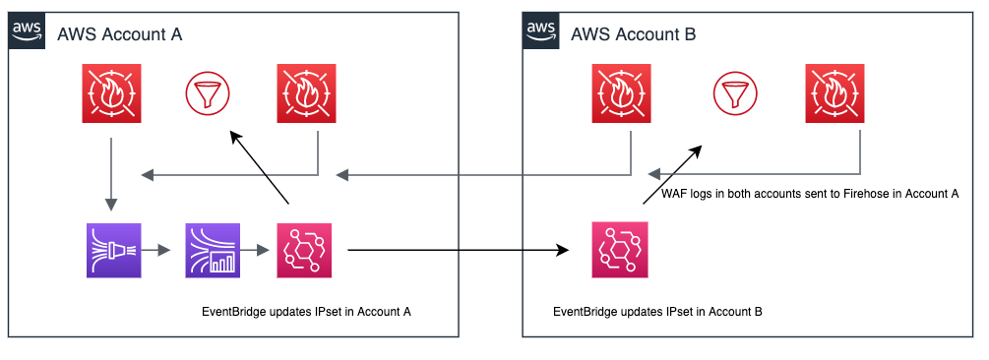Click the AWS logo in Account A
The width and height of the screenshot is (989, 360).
coord(27,31)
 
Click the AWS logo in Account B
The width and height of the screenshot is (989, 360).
coord(539,31)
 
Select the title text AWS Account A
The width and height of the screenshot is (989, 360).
coord(121,35)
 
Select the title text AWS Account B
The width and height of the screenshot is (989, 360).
coord(634,35)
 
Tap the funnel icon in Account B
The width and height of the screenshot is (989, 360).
coord(736,94)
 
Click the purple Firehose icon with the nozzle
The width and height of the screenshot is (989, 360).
coord(113,251)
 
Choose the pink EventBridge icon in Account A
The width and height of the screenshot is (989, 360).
coord(306,251)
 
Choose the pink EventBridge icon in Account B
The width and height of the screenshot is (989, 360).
coord(619,251)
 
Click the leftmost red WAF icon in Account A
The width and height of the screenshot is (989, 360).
coord(111,94)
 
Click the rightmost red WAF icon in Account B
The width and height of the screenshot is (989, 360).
coord(834,94)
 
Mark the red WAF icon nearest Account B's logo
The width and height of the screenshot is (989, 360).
coord(621,94)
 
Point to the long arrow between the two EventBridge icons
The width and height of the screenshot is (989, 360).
coord(458,251)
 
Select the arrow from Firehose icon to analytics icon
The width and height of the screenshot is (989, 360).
coord(162,251)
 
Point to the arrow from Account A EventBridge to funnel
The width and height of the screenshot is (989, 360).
coord(259,167)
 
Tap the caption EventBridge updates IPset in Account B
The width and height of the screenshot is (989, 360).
coord(657,312)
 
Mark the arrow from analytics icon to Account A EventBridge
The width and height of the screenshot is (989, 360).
coord(260,251)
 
